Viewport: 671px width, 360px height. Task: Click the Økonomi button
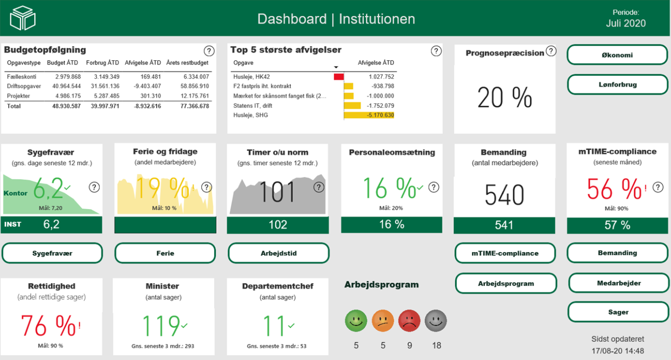click(617, 55)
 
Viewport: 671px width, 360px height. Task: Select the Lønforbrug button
click(617, 84)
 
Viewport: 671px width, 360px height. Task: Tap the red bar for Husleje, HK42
click(339, 77)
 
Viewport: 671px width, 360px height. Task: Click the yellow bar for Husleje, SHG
click(369, 115)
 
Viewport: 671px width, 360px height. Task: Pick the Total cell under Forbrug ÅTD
click(105, 106)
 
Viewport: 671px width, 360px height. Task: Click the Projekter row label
click(18, 96)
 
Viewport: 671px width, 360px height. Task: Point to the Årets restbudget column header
click(187, 63)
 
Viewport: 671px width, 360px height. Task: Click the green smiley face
click(356, 321)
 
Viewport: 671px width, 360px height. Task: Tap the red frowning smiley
click(409, 321)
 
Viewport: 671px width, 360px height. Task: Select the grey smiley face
click(436, 321)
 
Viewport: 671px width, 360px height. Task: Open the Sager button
click(618, 312)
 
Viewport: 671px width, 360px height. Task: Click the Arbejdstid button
click(279, 253)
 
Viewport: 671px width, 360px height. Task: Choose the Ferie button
click(165, 253)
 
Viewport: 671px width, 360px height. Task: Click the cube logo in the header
click(23, 18)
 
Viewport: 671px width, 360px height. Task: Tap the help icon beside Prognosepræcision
click(551, 51)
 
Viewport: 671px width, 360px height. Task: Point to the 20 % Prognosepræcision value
click(505, 98)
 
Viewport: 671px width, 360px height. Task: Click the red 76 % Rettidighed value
click(48, 326)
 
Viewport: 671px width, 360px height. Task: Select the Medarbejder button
click(619, 283)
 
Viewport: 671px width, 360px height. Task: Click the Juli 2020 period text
click(626, 24)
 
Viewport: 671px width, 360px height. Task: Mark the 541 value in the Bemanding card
click(504, 225)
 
